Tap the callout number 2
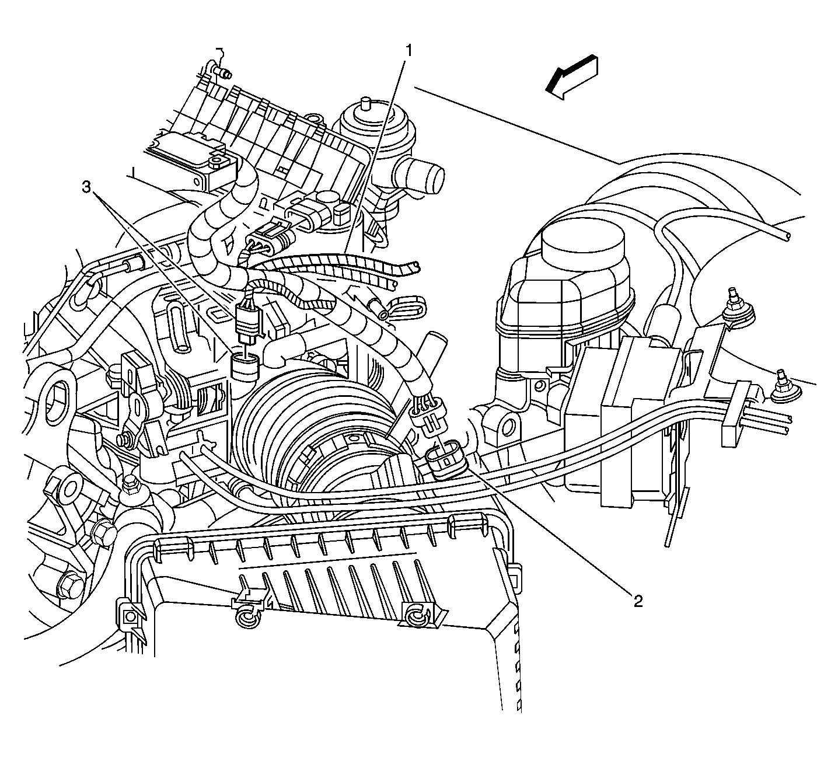point(638,602)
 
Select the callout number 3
point(86,187)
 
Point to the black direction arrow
point(571,76)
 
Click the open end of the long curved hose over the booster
point(787,235)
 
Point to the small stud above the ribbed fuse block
point(222,72)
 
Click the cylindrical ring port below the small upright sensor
point(246,368)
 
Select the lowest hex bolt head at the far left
point(68,583)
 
